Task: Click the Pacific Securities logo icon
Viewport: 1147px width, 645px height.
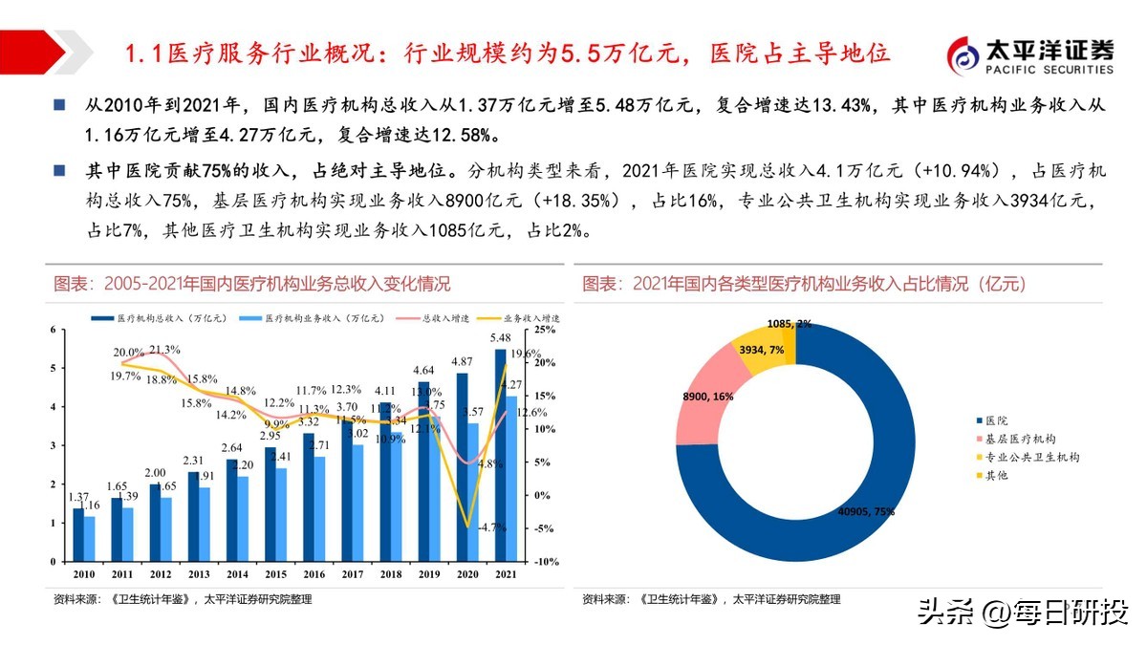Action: tap(966, 55)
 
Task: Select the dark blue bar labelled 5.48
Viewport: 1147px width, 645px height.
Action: tap(500, 455)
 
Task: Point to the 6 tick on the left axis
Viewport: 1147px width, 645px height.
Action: tap(54, 330)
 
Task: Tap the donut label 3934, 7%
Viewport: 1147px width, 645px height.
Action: tap(761, 350)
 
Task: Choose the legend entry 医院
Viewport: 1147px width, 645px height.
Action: tap(995, 420)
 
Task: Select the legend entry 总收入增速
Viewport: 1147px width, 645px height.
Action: tap(440, 317)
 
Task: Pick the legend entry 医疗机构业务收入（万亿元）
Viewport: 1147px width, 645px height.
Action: tap(316, 317)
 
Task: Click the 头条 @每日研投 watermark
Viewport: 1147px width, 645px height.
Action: tap(1023, 612)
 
